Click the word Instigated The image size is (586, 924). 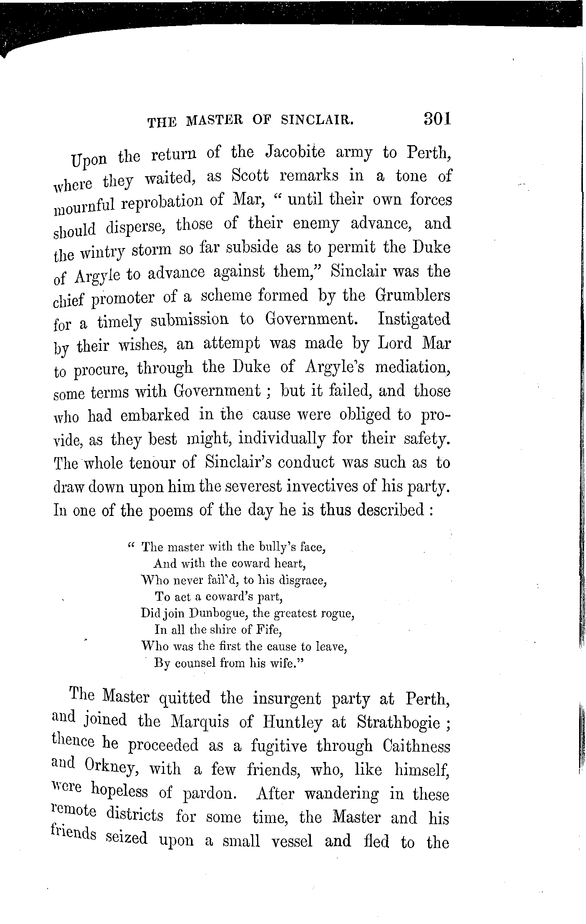[414, 319]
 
